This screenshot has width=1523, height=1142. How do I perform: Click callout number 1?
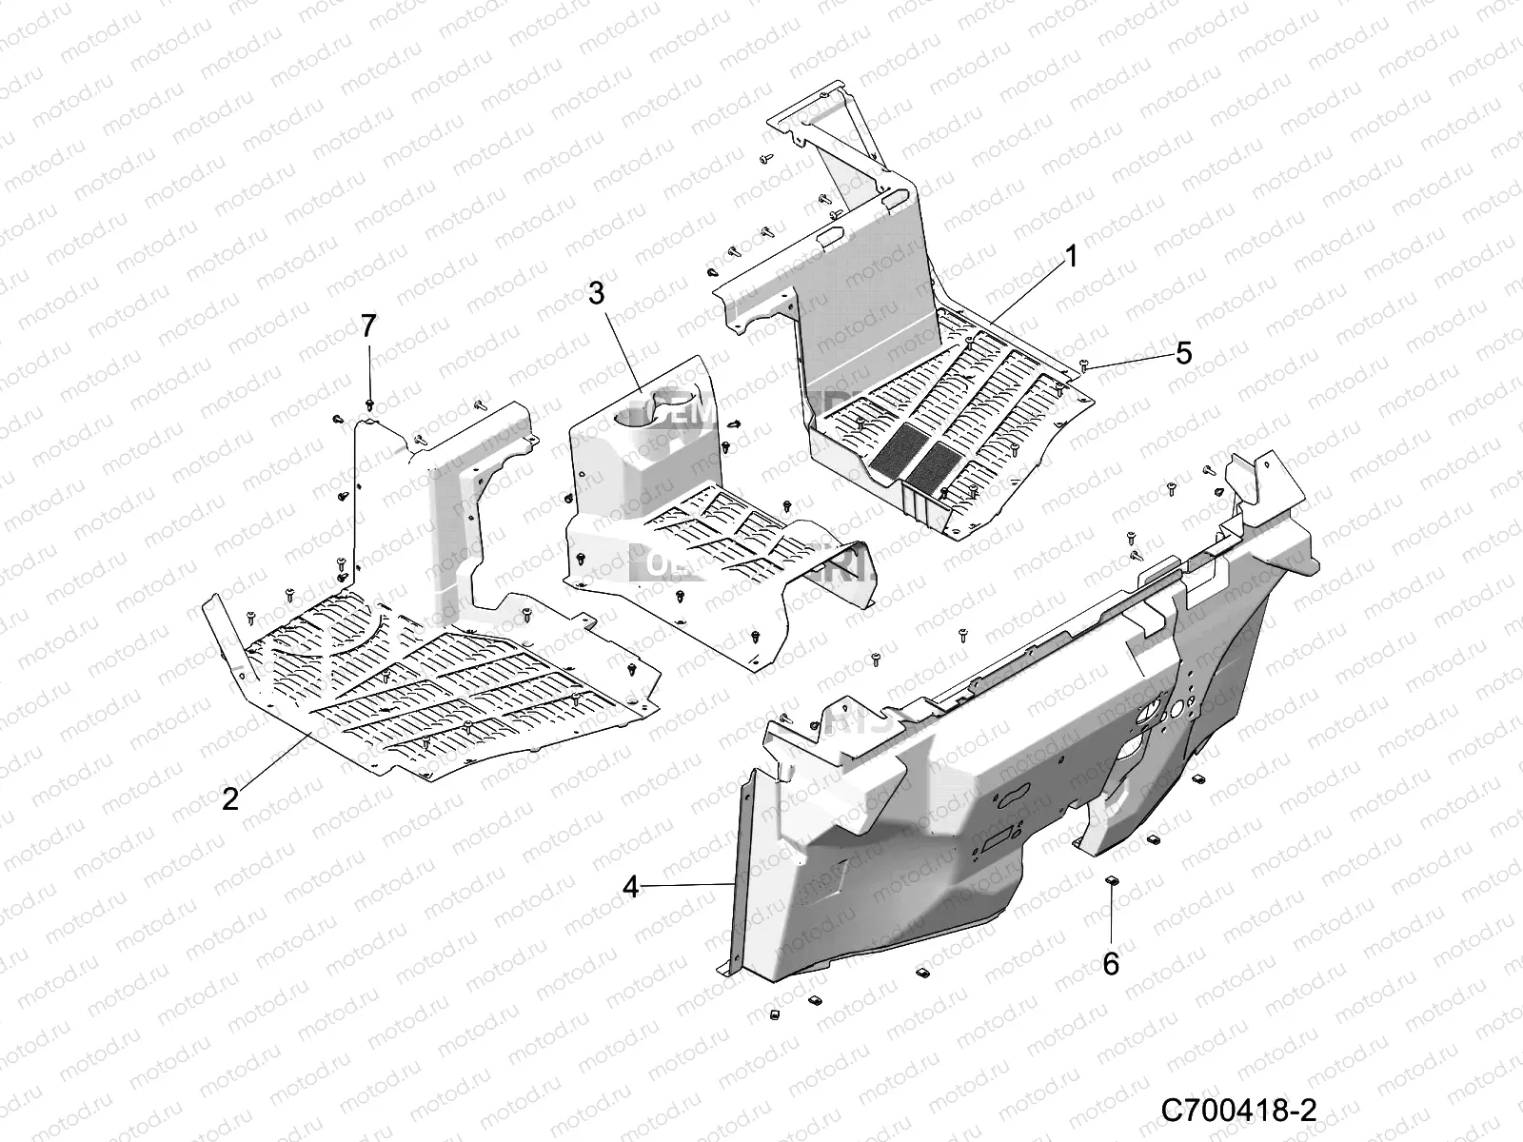[x=1071, y=230]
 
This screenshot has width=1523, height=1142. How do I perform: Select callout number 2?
[x=229, y=797]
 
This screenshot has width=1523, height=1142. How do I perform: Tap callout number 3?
[x=596, y=293]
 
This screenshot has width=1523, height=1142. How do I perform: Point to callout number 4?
[x=630, y=886]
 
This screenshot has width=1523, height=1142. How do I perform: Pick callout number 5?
[x=1183, y=353]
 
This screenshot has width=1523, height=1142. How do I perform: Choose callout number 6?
[x=1111, y=964]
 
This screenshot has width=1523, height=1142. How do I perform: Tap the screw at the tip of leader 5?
[x=1086, y=365]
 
